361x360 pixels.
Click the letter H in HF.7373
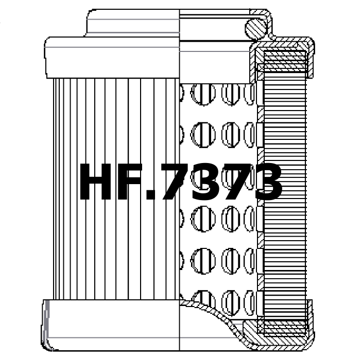tap(96, 182)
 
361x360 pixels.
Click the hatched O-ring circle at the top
tap(256, 28)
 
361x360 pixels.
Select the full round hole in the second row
tap(203, 135)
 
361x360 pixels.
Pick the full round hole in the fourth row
tap(203, 261)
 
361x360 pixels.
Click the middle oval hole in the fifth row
tap(231, 303)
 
